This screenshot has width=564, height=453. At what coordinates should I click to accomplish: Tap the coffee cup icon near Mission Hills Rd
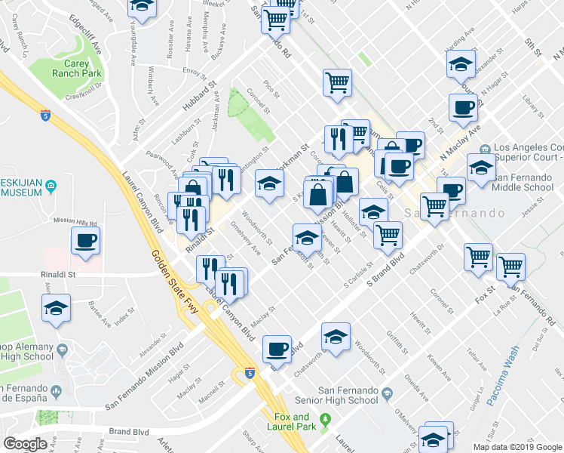(x=85, y=242)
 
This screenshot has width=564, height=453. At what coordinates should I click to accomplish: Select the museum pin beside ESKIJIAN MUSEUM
(x=51, y=185)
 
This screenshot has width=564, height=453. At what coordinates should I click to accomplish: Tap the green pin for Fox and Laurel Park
(x=325, y=419)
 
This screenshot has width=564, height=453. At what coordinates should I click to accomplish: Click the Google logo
(x=25, y=443)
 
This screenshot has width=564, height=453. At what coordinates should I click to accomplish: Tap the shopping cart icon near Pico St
(x=337, y=83)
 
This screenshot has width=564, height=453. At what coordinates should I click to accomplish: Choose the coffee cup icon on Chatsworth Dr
(x=277, y=349)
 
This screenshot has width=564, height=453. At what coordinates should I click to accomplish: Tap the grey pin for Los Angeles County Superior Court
(x=483, y=147)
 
